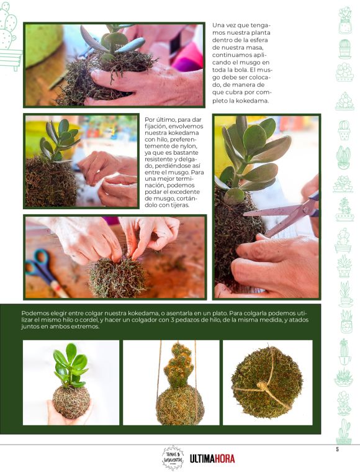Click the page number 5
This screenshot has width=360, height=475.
point(337,449)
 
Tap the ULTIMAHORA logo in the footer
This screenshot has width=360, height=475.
point(212,459)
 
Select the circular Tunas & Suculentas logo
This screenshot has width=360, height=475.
point(173,458)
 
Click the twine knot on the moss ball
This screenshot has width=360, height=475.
point(262,386)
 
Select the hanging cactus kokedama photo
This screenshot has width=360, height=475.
point(171,382)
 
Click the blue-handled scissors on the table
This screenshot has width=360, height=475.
point(45,271)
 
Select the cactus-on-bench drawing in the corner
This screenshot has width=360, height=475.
point(10,37)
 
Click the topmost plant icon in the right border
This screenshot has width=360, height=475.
point(345,20)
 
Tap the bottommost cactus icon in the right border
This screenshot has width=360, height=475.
point(344,432)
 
